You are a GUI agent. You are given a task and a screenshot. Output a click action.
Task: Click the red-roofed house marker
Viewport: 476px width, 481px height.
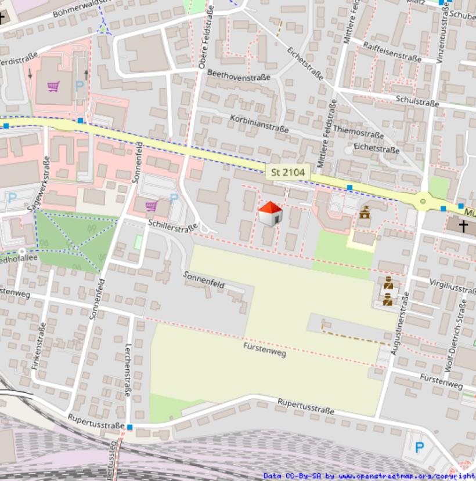[x=270, y=214]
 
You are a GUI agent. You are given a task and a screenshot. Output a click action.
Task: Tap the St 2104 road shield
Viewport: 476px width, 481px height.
[x=288, y=172]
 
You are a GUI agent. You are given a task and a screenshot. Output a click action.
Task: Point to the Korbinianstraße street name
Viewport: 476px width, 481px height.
[x=259, y=123]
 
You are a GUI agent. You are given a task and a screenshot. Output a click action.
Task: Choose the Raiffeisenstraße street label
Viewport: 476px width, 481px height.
[x=392, y=51]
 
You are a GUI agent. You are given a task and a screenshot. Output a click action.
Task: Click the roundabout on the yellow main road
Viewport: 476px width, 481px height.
[x=423, y=201]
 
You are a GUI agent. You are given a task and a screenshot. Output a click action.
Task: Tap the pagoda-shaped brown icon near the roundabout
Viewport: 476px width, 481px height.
[x=365, y=212]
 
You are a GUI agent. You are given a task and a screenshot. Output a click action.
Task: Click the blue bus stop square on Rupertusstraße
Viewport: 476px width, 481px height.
[x=130, y=427]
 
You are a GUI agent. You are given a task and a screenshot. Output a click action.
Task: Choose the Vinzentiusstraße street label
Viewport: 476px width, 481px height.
[x=443, y=29]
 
